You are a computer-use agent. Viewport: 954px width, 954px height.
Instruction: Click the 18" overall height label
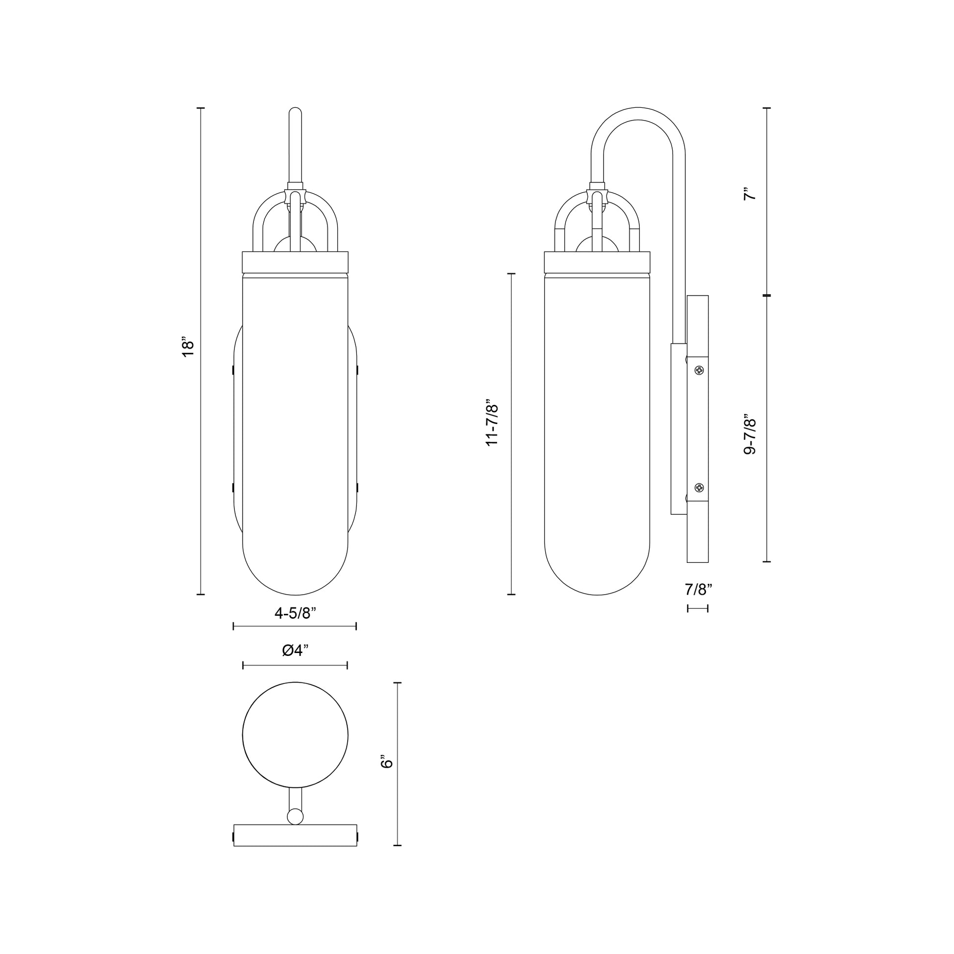pos(188,348)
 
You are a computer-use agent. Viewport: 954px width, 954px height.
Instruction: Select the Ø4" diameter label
pos(295,651)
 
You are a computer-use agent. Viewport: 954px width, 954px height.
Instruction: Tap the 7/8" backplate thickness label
pos(698,589)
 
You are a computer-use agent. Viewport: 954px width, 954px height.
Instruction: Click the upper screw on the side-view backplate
pos(699,370)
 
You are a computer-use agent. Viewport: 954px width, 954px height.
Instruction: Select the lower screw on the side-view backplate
pos(699,488)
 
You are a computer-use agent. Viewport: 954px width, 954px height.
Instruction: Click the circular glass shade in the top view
pos(295,735)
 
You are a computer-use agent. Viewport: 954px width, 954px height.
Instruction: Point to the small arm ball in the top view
pos(295,816)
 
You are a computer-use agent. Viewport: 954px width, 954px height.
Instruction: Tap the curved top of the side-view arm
pos(638,114)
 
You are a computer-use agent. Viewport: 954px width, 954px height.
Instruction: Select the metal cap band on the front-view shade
pos(295,262)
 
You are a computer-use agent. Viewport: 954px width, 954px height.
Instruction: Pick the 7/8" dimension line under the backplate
pos(698,609)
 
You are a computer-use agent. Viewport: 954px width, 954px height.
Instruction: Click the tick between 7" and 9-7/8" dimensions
pos(767,295)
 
